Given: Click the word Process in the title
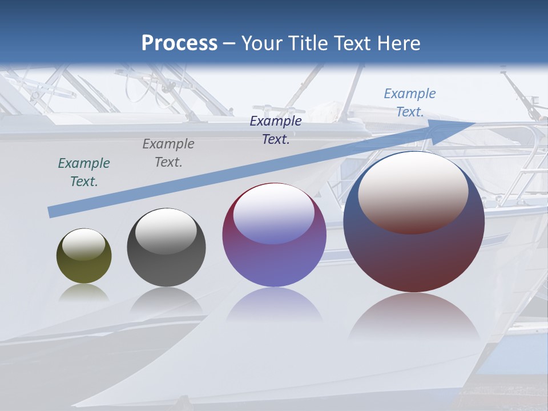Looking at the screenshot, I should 179,43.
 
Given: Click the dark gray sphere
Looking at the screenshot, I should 166,260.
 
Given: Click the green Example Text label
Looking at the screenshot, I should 84,172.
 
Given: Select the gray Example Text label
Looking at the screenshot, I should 168,153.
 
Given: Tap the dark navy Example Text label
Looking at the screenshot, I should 276,130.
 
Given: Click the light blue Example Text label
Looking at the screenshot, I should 410,103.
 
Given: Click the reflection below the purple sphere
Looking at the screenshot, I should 274,305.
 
